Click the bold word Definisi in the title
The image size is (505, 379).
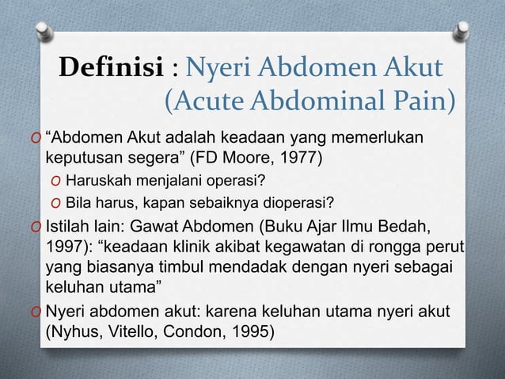tap(111, 70)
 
